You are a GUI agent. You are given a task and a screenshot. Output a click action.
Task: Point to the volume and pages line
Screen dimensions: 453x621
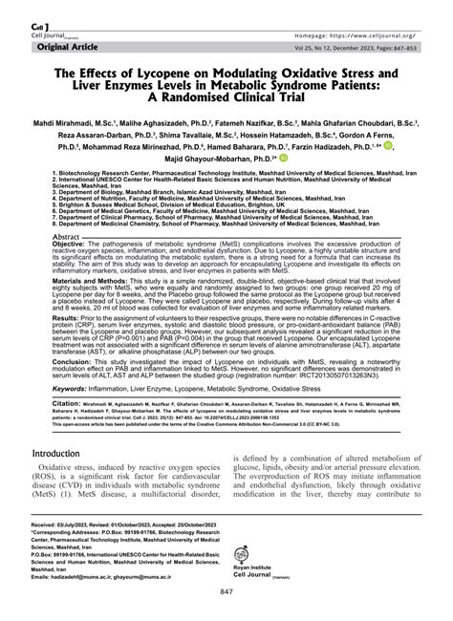click(x=353, y=45)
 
